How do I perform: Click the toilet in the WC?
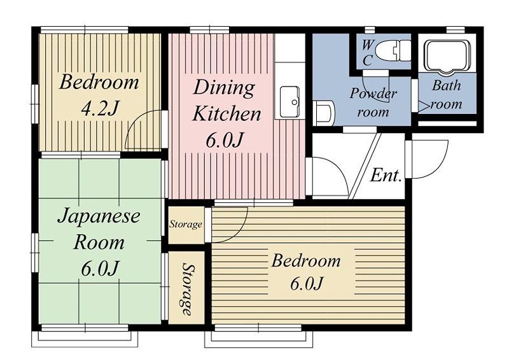click(393, 50)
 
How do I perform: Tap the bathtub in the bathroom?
click(448, 56)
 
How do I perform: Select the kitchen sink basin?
click(290, 102)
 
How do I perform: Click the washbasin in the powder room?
click(324, 112)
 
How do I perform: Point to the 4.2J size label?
click(99, 108)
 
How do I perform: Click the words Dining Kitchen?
click(227, 101)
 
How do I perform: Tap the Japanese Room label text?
click(99, 229)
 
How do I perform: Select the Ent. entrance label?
click(386, 176)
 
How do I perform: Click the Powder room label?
click(373, 102)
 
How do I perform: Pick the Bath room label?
click(447, 95)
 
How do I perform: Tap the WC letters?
click(367, 53)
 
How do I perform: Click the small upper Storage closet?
click(186, 225)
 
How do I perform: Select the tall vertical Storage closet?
click(186, 288)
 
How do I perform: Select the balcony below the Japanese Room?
click(85, 339)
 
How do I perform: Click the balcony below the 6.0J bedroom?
click(259, 339)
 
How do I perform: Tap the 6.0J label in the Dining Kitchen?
click(225, 141)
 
